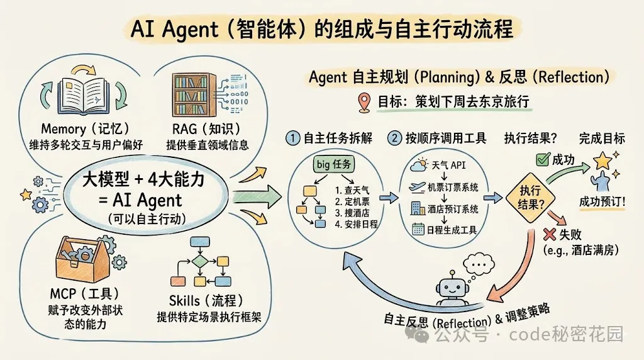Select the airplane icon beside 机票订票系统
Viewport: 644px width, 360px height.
(418, 187)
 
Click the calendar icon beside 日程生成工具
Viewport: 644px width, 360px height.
(418, 229)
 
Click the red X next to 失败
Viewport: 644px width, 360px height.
(548, 235)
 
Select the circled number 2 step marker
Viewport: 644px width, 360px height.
(394, 138)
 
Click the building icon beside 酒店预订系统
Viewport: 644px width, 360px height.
(418, 208)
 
